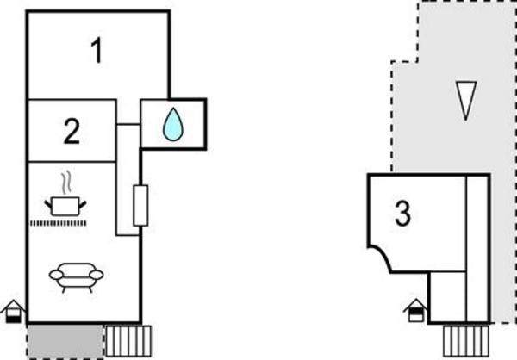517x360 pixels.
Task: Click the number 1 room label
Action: click(x=97, y=52)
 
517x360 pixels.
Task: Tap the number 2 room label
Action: click(x=72, y=131)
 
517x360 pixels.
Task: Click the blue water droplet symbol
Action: click(x=173, y=124)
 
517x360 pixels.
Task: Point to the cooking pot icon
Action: click(x=65, y=205)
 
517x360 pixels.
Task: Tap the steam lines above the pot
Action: click(x=65, y=183)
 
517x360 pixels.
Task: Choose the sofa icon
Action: click(x=76, y=275)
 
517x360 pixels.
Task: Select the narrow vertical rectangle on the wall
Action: click(x=140, y=206)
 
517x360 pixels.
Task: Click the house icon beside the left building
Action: click(x=13, y=311)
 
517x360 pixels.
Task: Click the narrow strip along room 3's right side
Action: click(x=477, y=246)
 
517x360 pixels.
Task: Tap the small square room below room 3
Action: click(x=448, y=295)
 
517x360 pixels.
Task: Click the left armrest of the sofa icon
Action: click(x=54, y=275)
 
